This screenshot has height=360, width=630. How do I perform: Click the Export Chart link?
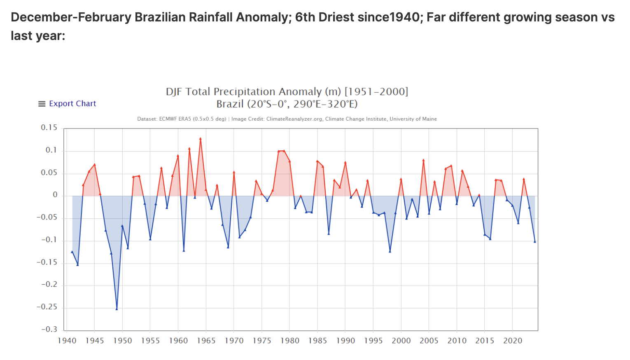[72, 104]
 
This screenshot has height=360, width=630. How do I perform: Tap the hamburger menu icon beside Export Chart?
[42, 104]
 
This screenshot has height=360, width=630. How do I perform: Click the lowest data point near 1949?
[117, 309]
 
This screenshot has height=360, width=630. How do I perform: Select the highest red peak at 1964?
[201, 139]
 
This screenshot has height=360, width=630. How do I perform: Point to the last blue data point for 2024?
[535, 241]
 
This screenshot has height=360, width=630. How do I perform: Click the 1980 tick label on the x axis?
[289, 341]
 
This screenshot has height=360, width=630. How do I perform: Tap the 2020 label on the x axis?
[512, 341]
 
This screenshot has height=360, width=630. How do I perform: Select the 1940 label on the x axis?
[67, 341]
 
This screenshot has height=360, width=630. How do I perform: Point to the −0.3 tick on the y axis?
[49, 330]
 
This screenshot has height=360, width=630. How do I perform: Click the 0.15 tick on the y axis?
[49, 128]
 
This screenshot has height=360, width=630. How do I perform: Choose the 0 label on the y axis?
[55, 195]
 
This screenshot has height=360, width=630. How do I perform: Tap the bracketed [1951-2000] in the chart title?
[376, 91]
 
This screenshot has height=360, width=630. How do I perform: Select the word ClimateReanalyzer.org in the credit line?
[294, 119]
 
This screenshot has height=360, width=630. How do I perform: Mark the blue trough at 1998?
[390, 251]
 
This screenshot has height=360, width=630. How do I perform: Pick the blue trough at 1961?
[184, 250]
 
